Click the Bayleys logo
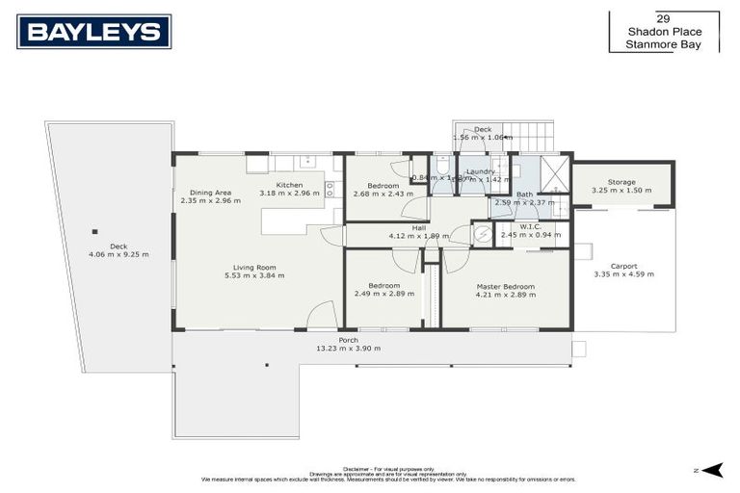[93, 32]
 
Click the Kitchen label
[289, 185]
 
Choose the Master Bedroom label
[505, 287]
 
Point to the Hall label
[419, 228]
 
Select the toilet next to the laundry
[442, 166]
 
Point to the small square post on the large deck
[94, 231]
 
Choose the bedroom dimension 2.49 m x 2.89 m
[383, 294]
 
